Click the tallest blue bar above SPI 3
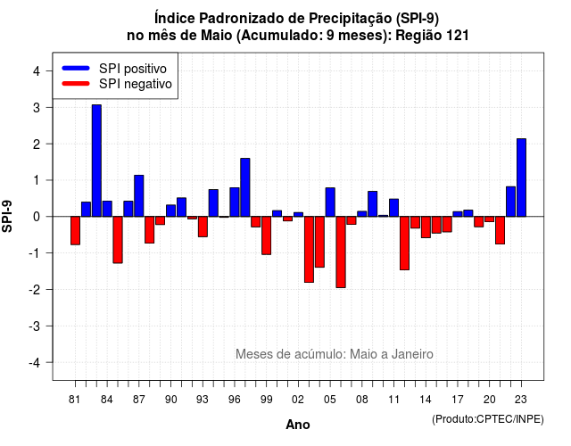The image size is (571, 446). [96, 161]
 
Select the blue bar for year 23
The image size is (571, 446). [521, 178]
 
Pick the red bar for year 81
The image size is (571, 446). [75, 230]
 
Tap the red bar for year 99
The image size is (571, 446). [266, 235]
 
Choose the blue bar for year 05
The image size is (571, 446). [330, 202]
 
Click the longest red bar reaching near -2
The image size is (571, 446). [341, 252]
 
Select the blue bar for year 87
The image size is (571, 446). [139, 196]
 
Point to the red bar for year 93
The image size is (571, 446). [203, 227]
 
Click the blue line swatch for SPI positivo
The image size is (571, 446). [76, 68]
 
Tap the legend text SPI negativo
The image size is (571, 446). [136, 84]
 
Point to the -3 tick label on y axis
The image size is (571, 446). [35, 326]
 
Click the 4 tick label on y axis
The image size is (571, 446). [37, 71]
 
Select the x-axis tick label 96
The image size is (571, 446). [235, 400]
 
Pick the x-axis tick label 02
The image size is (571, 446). [298, 400]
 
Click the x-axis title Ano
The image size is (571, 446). [298, 425]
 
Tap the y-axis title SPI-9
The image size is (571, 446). [7, 216]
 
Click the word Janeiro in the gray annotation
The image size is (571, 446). [412, 354]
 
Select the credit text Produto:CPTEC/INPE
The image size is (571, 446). [488, 419]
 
